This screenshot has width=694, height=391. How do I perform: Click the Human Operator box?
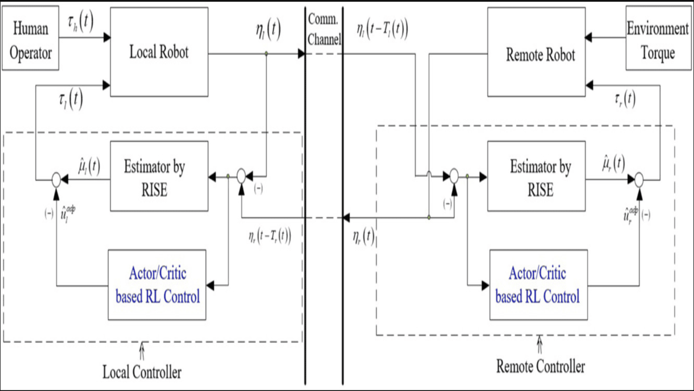point(30,38)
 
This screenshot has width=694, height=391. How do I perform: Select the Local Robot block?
point(159,52)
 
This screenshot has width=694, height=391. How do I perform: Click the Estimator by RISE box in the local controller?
point(159,176)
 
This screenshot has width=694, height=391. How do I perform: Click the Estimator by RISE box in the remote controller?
point(536,176)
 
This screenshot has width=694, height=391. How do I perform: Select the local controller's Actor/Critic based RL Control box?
point(157,285)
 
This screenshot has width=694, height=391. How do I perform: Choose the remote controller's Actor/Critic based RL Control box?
point(538,285)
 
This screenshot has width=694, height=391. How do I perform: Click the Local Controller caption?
point(142,372)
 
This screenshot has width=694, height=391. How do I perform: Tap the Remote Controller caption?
point(541,367)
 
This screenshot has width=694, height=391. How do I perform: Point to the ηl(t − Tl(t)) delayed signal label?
point(382,30)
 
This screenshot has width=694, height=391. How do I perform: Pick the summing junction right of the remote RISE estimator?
point(639,178)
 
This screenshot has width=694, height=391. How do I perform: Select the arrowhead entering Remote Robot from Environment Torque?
point(588,38)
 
